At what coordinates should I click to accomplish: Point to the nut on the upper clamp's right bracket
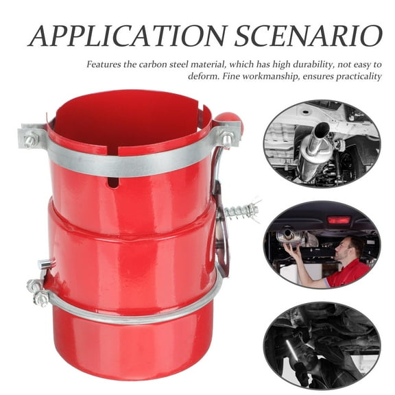226,139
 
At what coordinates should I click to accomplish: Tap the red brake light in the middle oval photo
337,220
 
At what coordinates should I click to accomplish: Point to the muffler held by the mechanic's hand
295,237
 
